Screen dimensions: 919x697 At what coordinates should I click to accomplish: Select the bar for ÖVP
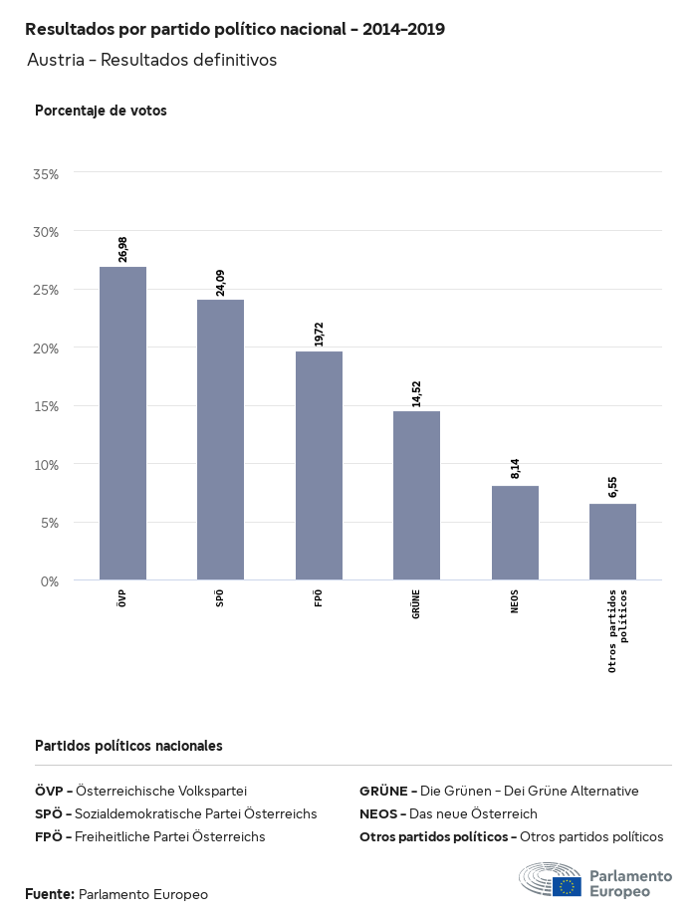[122, 423]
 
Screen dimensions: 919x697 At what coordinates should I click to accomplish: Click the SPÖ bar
[220, 439]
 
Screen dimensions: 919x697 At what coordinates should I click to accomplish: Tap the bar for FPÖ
[319, 465]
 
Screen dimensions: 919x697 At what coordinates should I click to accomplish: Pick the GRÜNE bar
[416, 495]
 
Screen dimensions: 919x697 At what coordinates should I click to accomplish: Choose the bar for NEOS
[515, 533]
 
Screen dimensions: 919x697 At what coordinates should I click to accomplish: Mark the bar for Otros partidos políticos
[612, 542]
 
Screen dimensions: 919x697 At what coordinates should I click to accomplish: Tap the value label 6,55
[612, 487]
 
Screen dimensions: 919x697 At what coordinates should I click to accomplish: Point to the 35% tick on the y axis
[47, 173]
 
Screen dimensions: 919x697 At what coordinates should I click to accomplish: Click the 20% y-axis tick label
[47, 347]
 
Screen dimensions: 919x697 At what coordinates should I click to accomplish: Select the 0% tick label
[50, 580]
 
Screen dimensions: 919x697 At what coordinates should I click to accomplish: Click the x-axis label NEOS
[515, 601]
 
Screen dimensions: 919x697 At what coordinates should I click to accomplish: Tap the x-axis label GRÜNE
[416, 604]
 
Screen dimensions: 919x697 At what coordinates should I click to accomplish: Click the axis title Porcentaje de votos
[101, 111]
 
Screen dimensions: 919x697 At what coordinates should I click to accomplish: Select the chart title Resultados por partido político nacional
[235, 29]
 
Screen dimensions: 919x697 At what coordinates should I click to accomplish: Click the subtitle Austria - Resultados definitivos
[151, 60]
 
